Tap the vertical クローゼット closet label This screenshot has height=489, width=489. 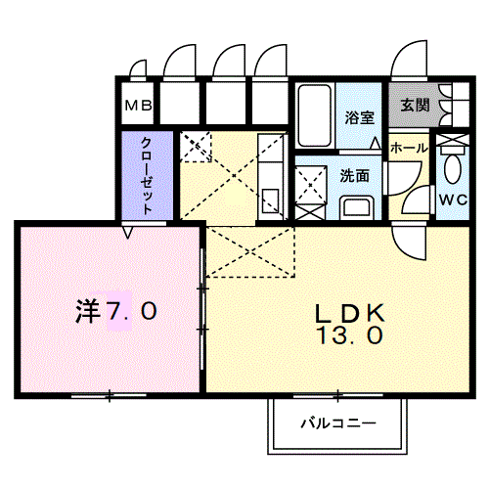click(x=146, y=174)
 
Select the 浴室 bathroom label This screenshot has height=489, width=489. click(x=359, y=118)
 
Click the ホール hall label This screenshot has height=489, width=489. click(x=408, y=148)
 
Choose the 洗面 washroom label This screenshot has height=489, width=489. click(x=355, y=177)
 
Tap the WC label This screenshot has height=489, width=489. click(x=452, y=200)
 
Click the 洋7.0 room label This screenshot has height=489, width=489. click(x=116, y=312)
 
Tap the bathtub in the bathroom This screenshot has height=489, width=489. click(x=314, y=114)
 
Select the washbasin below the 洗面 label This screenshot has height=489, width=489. click(x=357, y=206)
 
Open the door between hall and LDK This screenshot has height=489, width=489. click(x=410, y=236)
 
